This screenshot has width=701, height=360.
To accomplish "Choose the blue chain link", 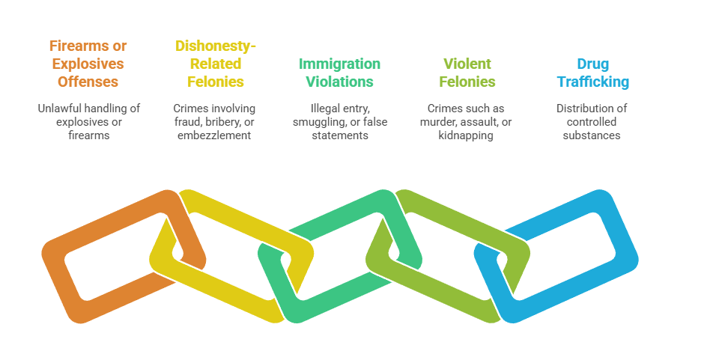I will (x=622, y=240).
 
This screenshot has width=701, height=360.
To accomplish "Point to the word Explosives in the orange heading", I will (x=84, y=64).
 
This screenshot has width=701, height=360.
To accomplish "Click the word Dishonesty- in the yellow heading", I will (x=216, y=46).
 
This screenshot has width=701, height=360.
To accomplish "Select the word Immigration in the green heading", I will (x=339, y=64).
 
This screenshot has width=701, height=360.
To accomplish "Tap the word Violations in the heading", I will (x=339, y=82).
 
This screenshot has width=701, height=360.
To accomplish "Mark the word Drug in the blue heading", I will (x=592, y=64).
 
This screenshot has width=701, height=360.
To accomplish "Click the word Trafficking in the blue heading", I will (x=592, y=82).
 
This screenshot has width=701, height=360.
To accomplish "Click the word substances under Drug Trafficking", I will (x=592, y=135).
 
